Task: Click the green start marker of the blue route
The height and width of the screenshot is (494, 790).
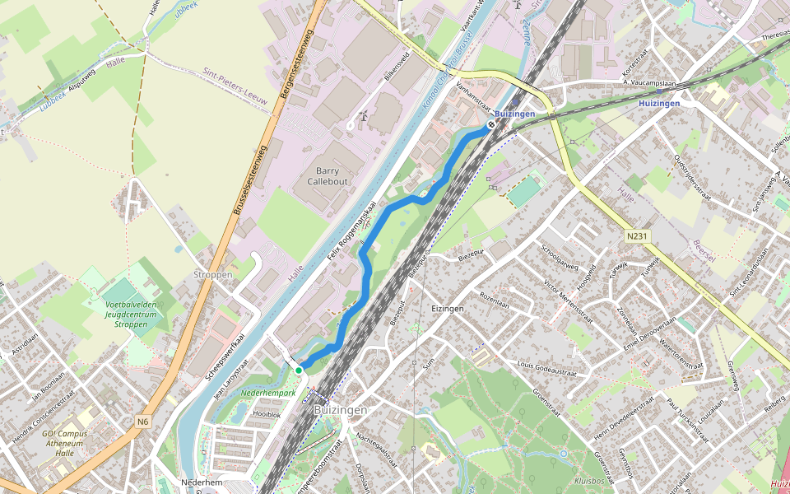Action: coord(299,370)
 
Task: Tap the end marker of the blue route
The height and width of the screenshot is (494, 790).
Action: coord(490,125)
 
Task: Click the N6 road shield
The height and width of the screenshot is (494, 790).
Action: coord(144,422)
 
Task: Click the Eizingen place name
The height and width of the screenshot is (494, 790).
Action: coord(448,308)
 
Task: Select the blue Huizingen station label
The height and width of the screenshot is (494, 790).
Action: coord(659,104)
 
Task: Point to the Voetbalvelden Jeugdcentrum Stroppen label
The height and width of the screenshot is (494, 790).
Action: coord(130,315)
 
